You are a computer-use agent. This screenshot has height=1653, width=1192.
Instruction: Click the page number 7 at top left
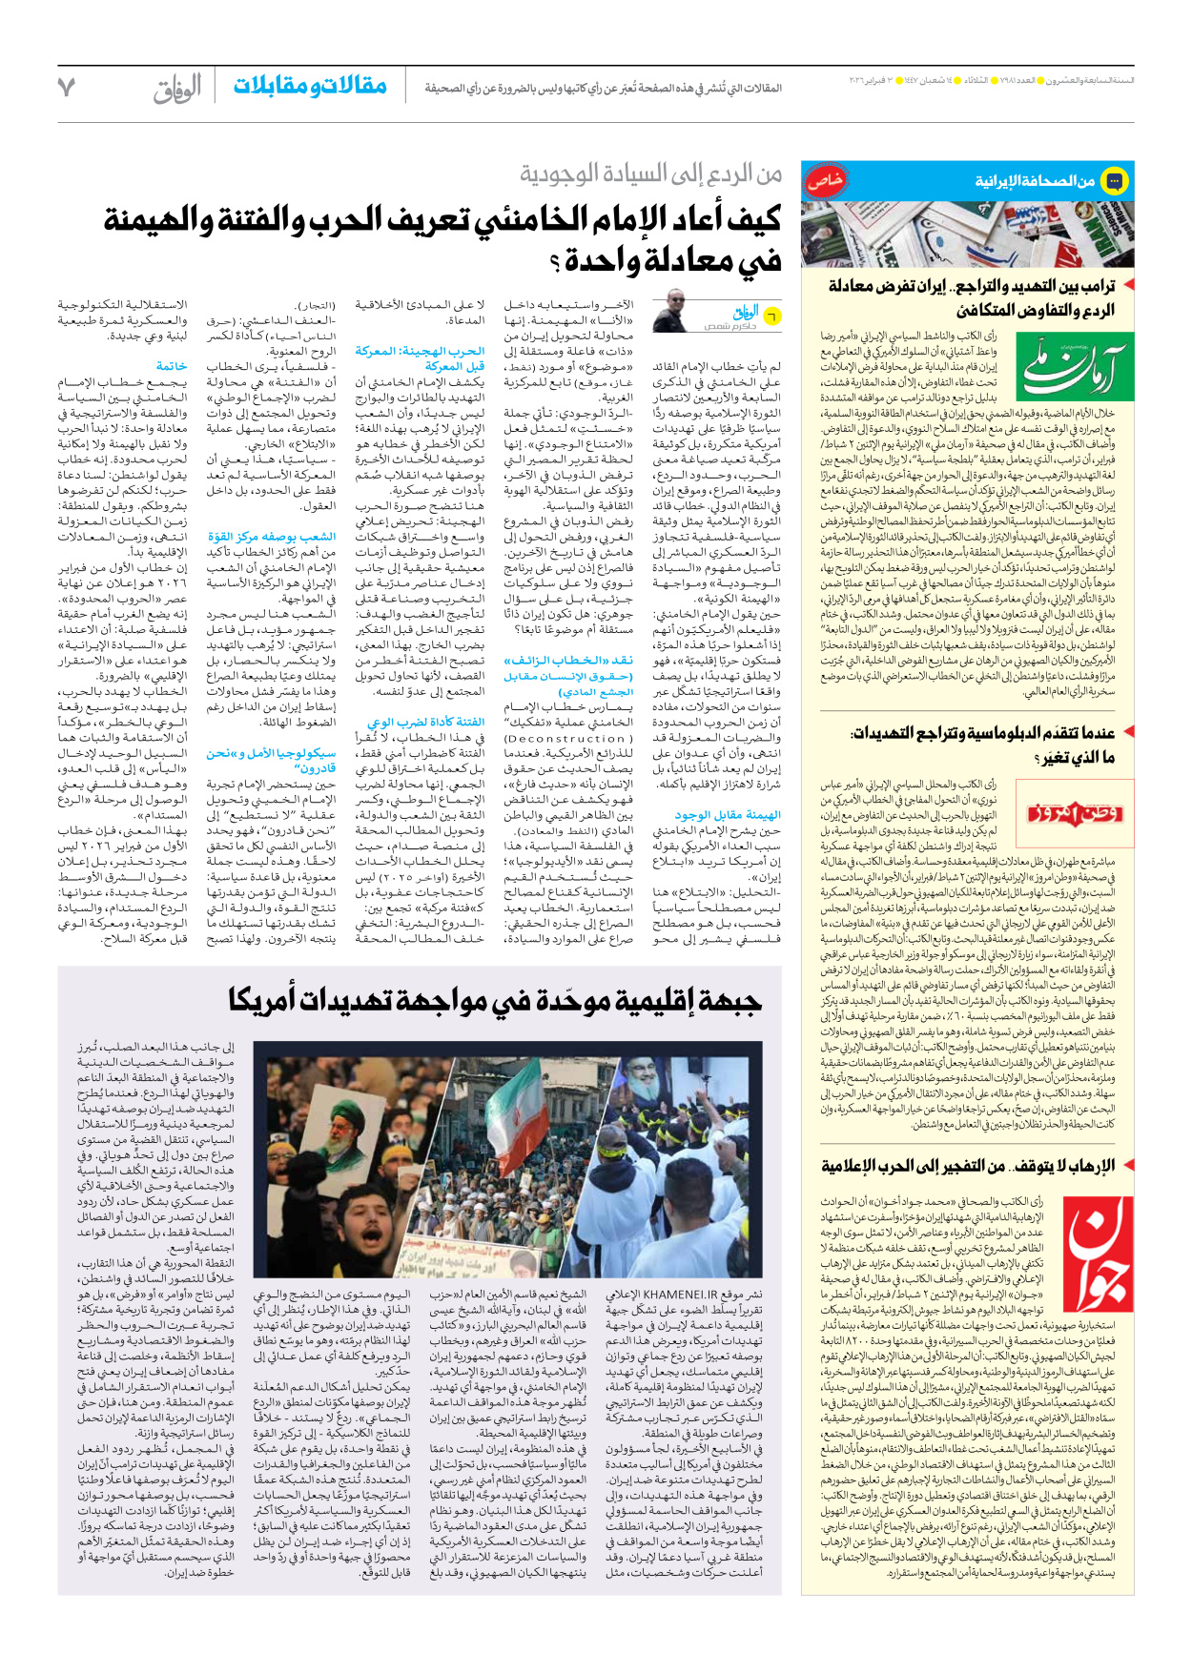(x=66, y=87)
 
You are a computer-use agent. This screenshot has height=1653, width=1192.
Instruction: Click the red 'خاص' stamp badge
(x=821, y=180)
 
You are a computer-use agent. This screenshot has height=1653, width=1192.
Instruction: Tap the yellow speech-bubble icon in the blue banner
(x=1114, y=180)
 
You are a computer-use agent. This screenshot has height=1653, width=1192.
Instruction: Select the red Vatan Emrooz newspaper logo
(x=1075, y=813)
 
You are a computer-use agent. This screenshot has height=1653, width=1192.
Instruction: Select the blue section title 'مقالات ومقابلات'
(x=310, y=86)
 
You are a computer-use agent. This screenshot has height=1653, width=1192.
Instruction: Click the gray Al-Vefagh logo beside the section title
(x=177, y=89)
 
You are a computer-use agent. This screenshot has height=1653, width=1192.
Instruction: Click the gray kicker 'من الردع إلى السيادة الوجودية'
(x=650, y=173)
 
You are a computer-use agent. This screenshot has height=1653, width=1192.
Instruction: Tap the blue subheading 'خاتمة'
(x=172, y=366)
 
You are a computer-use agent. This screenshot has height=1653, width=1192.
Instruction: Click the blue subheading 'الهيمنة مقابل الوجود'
(x=728, y=815)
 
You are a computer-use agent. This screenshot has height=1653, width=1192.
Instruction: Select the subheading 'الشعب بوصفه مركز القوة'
(x=272, y=538)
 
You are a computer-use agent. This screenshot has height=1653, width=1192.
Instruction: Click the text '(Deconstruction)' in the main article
(x=567, y=739)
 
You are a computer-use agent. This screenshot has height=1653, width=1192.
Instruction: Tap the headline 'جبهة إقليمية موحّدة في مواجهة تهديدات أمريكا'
(x=495, y=1000)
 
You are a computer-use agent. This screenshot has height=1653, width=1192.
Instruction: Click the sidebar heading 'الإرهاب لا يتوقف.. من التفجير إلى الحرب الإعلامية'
(x=967, y=1165)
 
